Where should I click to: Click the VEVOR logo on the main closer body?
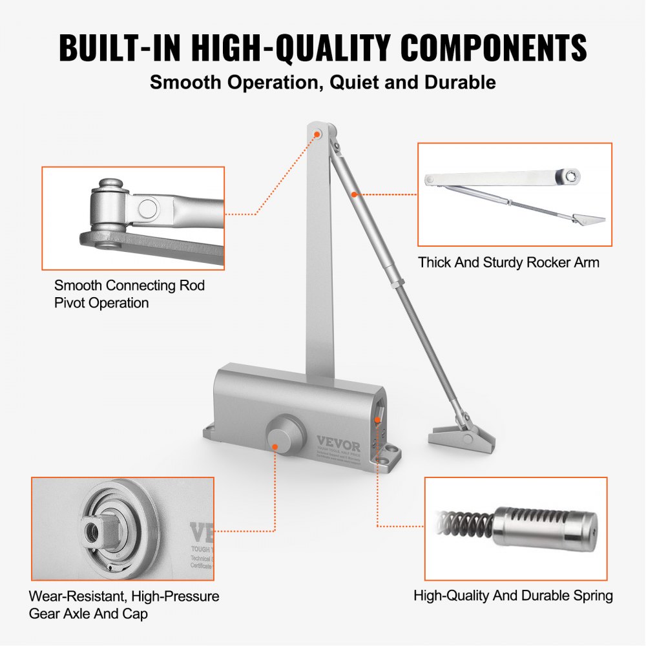click(339, 441)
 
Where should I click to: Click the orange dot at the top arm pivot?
click(317, 134)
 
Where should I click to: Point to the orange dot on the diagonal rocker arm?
click(354, 193)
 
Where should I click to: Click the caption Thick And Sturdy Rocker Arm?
click(508, 262)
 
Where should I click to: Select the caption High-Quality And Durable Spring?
click(513, 595)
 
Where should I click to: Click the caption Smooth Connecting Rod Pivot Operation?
click(129, 293)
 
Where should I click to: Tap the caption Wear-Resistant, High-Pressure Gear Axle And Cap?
click(124, 605)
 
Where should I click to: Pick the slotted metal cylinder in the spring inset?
click(546, 524)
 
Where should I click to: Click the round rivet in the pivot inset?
click(148, 208)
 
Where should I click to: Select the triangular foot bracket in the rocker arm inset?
click(587, 220)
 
